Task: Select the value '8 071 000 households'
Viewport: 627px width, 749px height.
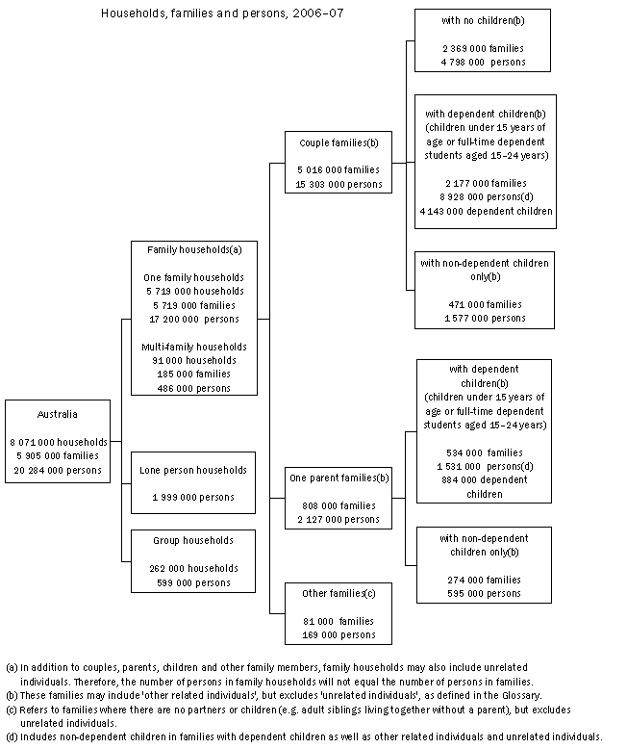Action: click(58, 442)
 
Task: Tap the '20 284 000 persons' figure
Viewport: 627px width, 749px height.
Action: click(58, 469)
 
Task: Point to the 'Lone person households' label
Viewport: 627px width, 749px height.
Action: click(194, 470)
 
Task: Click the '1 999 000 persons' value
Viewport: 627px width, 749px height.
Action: click(194, 497)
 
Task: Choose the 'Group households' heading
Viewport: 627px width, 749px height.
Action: click(194, 541)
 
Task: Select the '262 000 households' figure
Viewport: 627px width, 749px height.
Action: click(194, 568)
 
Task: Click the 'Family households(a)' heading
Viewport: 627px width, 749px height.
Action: click(194, 249)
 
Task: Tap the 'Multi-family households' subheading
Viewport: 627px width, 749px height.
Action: click(194, 346)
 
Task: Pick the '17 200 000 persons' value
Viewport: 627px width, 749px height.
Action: click(194, 317)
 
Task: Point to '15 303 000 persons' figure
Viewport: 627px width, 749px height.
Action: click(338, 184)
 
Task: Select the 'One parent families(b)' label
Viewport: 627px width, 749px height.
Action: click(338, 478)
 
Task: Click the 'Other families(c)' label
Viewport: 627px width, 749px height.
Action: click(338, 593)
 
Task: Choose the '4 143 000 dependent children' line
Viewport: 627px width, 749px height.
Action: click(486, 211)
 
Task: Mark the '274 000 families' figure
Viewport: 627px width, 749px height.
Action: click(483, 580)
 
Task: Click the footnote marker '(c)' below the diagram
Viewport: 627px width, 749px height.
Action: click(12, 709)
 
